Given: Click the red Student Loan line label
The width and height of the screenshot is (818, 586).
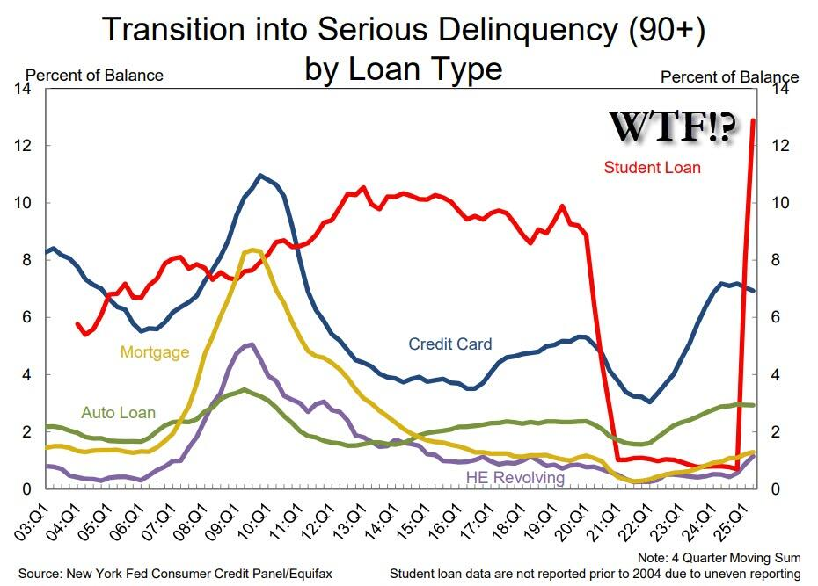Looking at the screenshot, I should pos(652,167).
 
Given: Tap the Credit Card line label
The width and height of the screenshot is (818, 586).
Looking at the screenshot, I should pos(450,344).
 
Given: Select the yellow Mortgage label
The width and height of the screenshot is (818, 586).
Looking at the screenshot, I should pos(155,352).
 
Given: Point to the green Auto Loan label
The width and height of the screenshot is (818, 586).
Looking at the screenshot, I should pos(118,412).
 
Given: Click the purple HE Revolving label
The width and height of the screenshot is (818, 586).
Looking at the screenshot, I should pos(515,477).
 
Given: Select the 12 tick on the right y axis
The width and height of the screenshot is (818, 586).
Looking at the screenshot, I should pos(780,145).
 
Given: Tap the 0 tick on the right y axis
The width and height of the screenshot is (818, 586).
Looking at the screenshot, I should pos(776,488).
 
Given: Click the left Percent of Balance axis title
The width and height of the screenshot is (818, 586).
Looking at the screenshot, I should pos(95,76).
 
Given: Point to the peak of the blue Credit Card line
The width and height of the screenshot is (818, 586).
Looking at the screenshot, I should pos(260,176).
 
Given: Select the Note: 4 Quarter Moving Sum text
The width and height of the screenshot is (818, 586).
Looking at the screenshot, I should pos(719,558).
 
